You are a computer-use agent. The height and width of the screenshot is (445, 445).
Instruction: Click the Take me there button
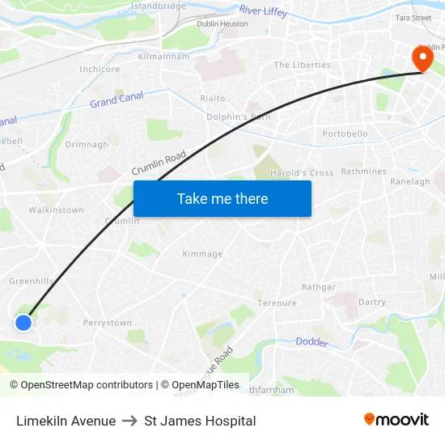pyautogui.click(x=222, y=198)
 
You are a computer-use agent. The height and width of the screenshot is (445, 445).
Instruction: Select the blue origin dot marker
pyautogui.click(x=23, y=323)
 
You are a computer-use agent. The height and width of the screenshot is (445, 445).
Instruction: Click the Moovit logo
pyautogui.click(x=396, y=419)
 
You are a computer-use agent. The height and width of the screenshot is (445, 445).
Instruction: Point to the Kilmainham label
pyautogui.click(x=164, y=57)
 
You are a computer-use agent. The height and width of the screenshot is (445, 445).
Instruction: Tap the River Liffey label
pyautogui.click(x=264, y=12)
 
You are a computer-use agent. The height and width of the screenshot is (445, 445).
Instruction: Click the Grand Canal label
pyautogui.click(x=116, y=101)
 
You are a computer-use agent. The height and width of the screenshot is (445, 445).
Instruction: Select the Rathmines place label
pyautogui.click(x=364, y=172)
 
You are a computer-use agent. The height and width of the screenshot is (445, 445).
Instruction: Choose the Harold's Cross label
pyautogui.click(x=302, y=173)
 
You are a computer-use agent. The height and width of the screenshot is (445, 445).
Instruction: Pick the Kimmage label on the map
pyautogui.click(x=202, y=254)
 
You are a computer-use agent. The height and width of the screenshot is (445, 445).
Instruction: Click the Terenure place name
pyautogui.click(x=277, y=303)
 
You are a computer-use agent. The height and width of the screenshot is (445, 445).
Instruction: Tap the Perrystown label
pyautogui.click(x=108, y=323)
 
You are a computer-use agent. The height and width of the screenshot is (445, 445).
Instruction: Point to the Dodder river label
pyautogui.click(x=311, y=342)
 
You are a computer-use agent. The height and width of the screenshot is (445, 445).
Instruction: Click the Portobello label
pyautogui.click(x=345, y=133)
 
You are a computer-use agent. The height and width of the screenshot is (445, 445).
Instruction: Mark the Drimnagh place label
pyautogui.click(x=87, y=145)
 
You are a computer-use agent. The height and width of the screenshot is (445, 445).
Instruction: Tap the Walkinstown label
pyautogui.click(x=57, y=210)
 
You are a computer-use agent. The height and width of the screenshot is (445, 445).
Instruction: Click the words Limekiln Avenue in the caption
pyautogui.click(x=66, y=421)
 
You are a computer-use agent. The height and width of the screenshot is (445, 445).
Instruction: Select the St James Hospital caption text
pyautogui.click(x=200, y=421)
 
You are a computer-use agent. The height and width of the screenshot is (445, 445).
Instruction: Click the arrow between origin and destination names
pyautogui.click(x=129, y=421)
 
